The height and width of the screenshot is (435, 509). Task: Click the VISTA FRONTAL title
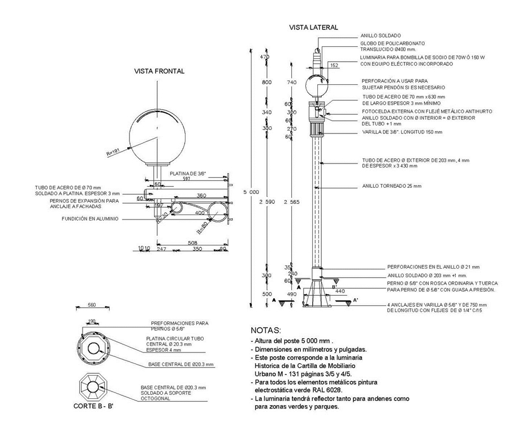[x=159, y=71]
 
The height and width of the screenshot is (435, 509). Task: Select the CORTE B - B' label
[x=93, y=406]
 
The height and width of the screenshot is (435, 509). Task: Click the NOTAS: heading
[x=265, y=330]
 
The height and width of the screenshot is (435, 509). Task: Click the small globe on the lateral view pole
[x=316, y=85]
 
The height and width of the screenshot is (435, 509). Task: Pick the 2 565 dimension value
[x=292, y=202]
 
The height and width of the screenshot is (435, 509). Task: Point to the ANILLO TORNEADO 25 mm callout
[x=391, y=186]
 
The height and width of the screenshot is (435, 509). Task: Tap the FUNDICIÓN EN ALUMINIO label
[x=90, y=218]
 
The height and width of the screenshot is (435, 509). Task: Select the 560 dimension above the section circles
[x=92, y=305]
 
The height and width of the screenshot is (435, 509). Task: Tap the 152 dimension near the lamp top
[x=334, y=66]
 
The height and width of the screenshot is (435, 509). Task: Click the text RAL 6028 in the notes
[x=329, y=390]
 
